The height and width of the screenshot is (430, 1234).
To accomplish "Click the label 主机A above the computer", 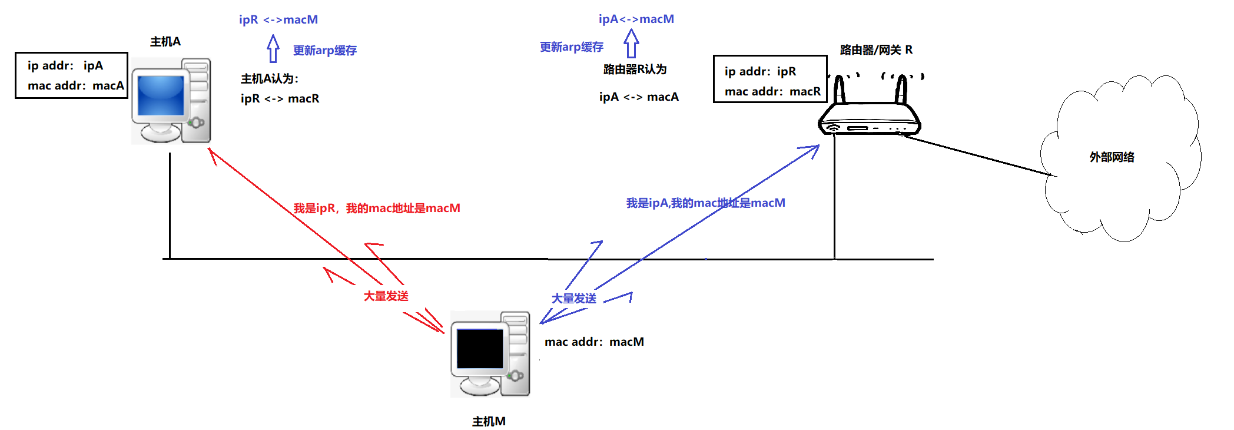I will tap(165, 42).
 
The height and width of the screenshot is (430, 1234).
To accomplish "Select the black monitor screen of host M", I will tap(480, 348).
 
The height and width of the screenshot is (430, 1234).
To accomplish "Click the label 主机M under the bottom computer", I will tap(489, 421).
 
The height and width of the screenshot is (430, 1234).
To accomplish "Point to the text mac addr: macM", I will tap(594, 342).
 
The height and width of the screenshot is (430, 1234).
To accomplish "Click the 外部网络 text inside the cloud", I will tap(1112, 157).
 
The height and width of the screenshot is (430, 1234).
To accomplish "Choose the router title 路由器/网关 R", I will tap(876, 50).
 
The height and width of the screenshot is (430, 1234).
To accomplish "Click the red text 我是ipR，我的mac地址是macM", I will tap(377, 208).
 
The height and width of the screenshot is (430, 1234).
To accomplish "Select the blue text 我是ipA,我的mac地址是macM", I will tap(705, 203).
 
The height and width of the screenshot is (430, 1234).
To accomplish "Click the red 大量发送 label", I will tap(386, 296).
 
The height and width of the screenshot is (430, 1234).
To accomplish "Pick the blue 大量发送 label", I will tap(573, 299).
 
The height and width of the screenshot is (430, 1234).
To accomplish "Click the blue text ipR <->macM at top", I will tap(278, 19).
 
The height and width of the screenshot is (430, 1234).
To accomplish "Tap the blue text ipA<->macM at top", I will tap(636, 19).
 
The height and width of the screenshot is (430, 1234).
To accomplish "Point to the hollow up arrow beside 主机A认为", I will tap(273, 49).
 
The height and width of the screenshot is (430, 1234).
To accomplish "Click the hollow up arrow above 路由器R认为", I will tap(631, 44).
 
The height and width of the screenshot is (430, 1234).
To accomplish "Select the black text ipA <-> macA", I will tap(639, 97).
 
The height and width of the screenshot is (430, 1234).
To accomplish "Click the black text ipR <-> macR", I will tap(280, 98).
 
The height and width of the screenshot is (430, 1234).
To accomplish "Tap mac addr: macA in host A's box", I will tap(75, 85).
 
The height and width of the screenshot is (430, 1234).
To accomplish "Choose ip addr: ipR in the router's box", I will tap(760, 71).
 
